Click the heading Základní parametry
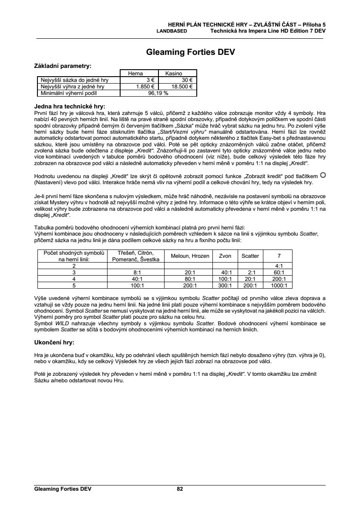63,66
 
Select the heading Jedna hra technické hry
70,106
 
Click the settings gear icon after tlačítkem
323,175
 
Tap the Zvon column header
225,256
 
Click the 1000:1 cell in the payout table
279,286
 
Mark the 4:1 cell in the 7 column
279,266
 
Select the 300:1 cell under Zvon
225,286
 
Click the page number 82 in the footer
180,489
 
